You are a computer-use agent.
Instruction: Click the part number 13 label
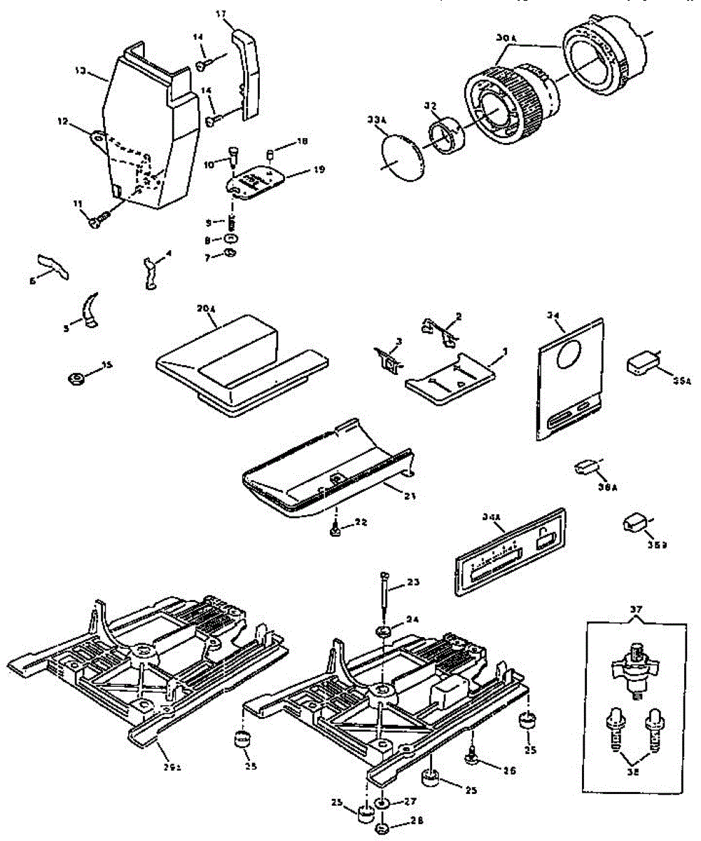(80, 70)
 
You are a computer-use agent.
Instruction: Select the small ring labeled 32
(444, 137)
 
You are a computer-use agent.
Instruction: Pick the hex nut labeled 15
(75, 379)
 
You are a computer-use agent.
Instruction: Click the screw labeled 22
(336, 532)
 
